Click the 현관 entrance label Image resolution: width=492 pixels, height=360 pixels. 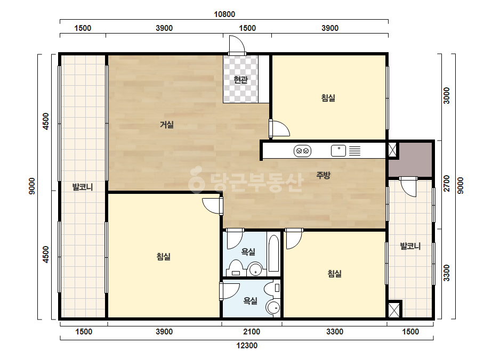[x=240, y=80]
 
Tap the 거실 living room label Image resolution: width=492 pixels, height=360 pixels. [x=167, y=125]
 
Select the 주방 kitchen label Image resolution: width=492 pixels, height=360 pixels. [x=323, y=175]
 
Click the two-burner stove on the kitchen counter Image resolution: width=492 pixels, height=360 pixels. [x=302, y=151]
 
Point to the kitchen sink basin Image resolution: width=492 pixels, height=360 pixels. [x=338, y=151]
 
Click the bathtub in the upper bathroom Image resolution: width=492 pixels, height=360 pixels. [x=273, y=253]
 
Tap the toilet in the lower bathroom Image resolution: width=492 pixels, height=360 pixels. [x=272, y=288]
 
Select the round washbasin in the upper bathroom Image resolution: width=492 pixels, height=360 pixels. [x=255, y=269]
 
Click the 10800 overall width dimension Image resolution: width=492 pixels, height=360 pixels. [x=224, y=14]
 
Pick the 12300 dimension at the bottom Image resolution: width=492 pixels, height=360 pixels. [x=247, y=346]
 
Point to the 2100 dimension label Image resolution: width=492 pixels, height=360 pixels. [x=252, y=332]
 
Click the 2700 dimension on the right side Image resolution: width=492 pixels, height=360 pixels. [x=447, y=183]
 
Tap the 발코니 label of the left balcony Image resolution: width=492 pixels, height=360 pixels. [x=83, y=187]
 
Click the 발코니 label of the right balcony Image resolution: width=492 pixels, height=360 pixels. [x=410, y=246]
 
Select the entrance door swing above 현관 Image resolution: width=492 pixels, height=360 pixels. [x=237, y=45]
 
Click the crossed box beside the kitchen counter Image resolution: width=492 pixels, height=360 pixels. [x=392, y=150]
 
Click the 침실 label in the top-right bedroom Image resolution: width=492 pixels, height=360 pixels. [x=328, y=98]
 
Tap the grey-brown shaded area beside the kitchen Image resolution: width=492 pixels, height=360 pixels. [x=411, y=160]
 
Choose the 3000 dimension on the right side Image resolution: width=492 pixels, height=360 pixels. [x=447, y=96]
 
